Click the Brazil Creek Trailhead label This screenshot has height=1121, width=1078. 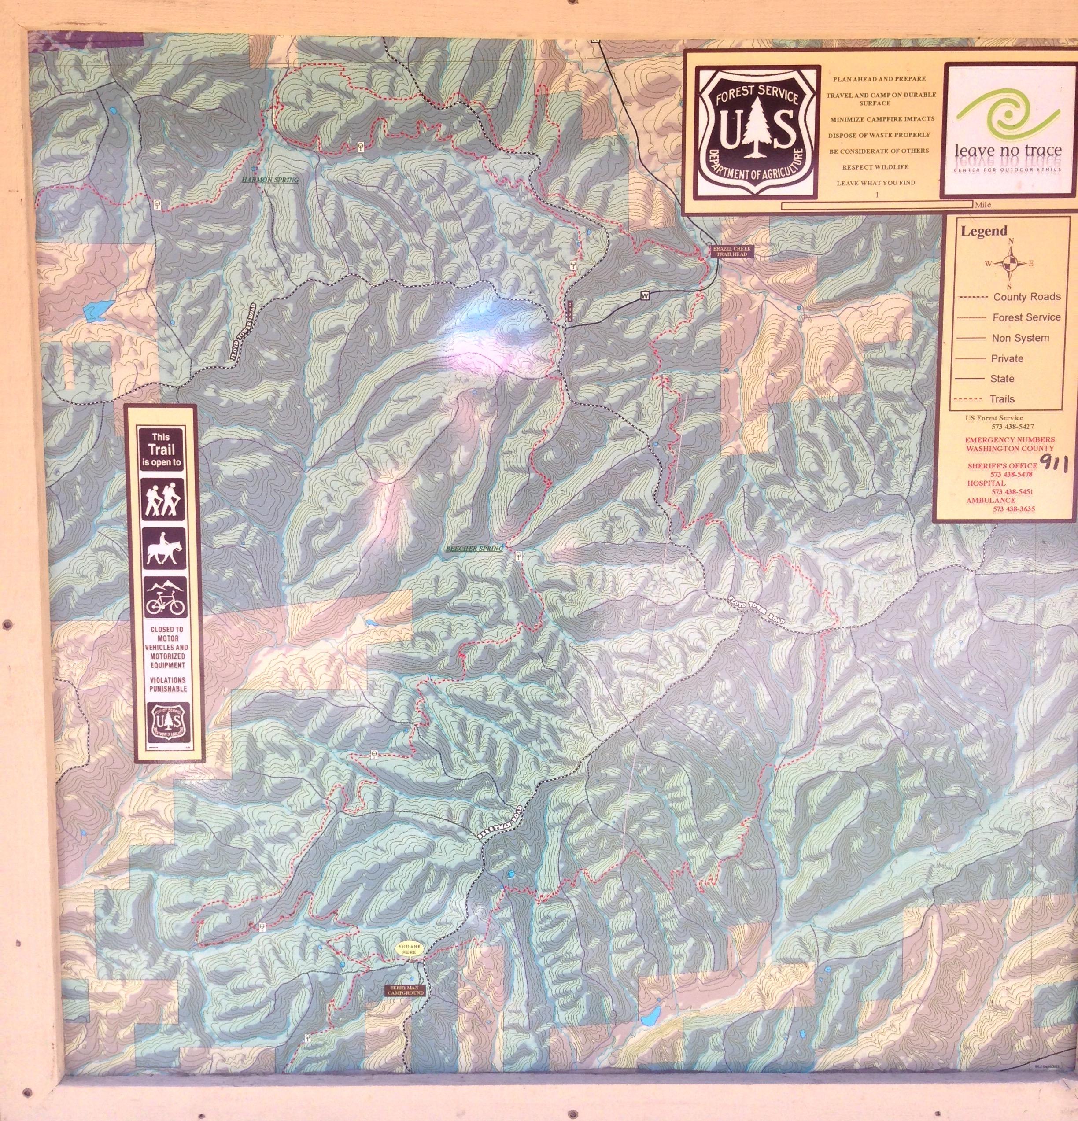pos(732,251)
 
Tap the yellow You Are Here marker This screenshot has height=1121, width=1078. pos(410,947)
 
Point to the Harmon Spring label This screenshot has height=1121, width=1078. pos(270,180)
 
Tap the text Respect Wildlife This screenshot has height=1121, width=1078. pos(875,167)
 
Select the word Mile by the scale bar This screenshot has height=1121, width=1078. pos(984,204)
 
